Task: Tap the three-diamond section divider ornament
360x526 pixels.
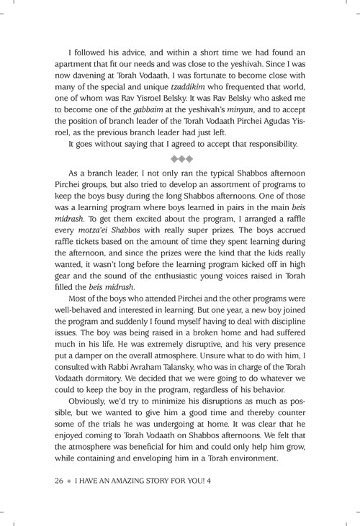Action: (180, 158)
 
